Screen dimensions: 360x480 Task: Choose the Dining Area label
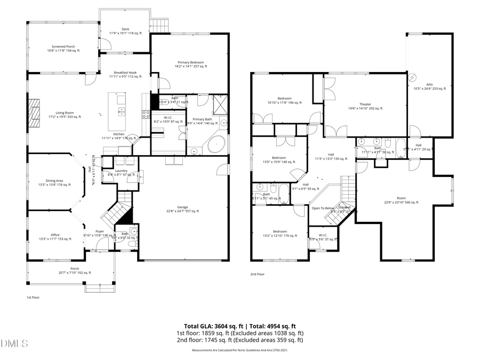click(x=54, y=182)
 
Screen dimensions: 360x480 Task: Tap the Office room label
click(x=55, y=237)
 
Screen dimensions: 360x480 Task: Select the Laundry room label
click(x=121, y=172)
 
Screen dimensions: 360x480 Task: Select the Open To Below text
click(x=323, y=208)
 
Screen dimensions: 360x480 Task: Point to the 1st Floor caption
click(x=33, y=297)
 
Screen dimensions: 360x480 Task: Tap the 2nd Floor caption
click(x=258, y=274)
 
